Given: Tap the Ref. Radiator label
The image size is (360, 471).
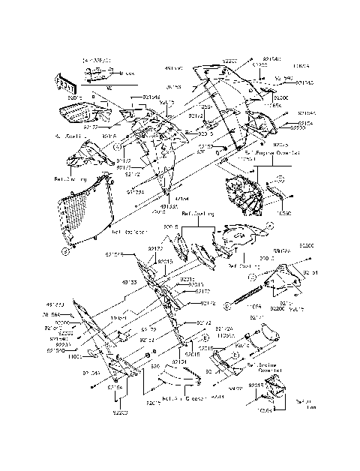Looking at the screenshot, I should tap(128, 232).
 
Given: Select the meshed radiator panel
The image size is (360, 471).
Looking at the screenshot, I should tap(86, 213).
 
